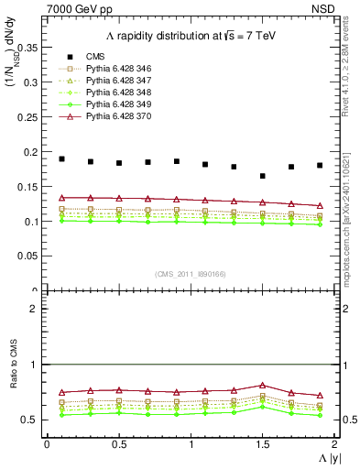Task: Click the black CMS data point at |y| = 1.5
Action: tap(263, 176)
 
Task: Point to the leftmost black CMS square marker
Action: tap(61, 158)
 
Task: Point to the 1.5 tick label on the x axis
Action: tap(263, 444)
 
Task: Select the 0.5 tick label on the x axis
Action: tap(119, 444)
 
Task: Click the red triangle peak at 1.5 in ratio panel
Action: tap(263, 386)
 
